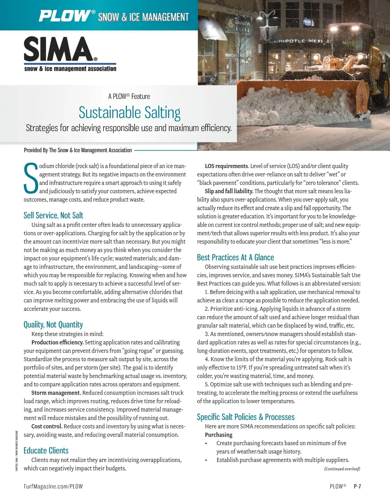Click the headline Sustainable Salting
click(129, 113)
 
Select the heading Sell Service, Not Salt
click(53, 215)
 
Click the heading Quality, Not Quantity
click(53, 324)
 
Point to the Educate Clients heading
click(46, 450)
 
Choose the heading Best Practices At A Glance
click(235, 257)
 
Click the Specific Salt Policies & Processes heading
click(246, 417)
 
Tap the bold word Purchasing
click(218, 435)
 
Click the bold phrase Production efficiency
click(58, 342)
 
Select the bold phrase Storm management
click(56, 393)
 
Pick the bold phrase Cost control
click(47, 426)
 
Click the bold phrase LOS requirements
click(227, 166)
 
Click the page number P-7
click(357, 486)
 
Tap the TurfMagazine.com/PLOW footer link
click(53, 486)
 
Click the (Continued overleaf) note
click(342, 469)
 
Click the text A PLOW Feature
click(129, 96)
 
